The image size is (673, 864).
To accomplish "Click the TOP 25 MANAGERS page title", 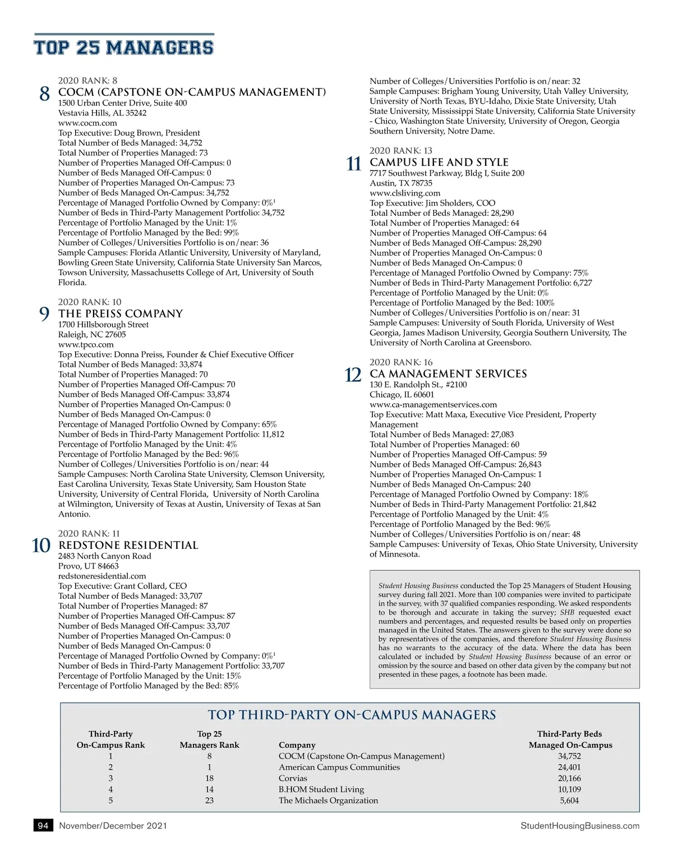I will coord(123,47).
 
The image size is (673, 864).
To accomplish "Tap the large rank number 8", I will coord(45,94).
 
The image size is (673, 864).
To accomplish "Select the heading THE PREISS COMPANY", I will coord(121,313).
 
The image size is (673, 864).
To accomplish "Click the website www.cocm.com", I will coord(87,123).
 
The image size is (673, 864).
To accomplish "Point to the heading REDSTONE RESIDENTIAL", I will coord(128,545).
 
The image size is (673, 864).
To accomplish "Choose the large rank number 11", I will coord(354,164).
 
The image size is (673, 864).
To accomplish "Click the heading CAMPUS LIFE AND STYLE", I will coord(439,162).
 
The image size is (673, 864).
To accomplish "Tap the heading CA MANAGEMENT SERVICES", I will coord(448,373).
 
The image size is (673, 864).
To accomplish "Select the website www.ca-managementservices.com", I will coord(433,404).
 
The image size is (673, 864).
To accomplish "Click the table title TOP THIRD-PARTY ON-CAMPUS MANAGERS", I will coord(352,715).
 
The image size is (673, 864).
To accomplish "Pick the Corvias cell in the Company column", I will coord(293,778).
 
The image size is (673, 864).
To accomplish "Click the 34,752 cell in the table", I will coord(569,756).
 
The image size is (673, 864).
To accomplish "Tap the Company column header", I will coord(297,745).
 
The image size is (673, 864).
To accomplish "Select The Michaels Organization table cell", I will coord(328,800).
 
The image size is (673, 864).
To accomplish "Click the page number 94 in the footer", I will coord(43,825).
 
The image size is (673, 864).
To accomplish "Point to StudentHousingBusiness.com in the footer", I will coord(579,825).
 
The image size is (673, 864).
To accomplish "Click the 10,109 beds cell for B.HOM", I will coord(569,789).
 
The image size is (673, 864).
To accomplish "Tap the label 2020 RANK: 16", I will coord(401,362).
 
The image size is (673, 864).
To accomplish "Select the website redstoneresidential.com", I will coord(102,576).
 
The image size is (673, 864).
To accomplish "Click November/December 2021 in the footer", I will coord(113,825).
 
